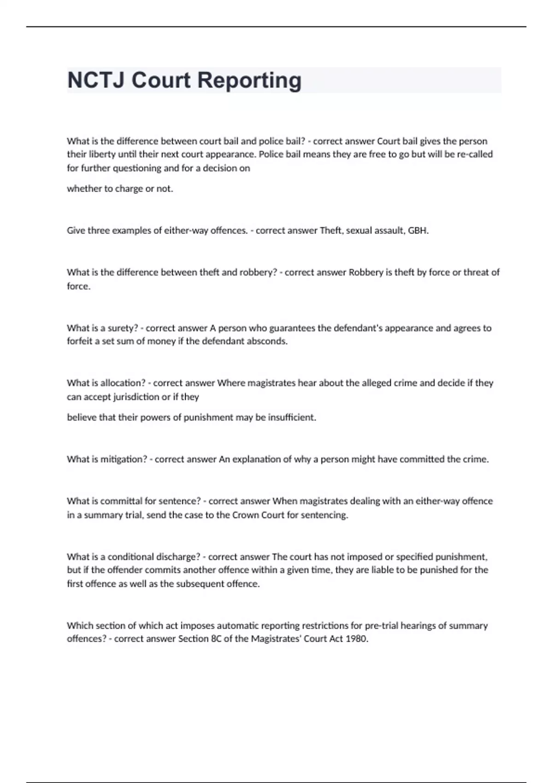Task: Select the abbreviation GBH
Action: click(x=418, y=230)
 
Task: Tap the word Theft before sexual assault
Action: click(x=331, y=230)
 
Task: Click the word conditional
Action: click(x=131, y=556)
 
